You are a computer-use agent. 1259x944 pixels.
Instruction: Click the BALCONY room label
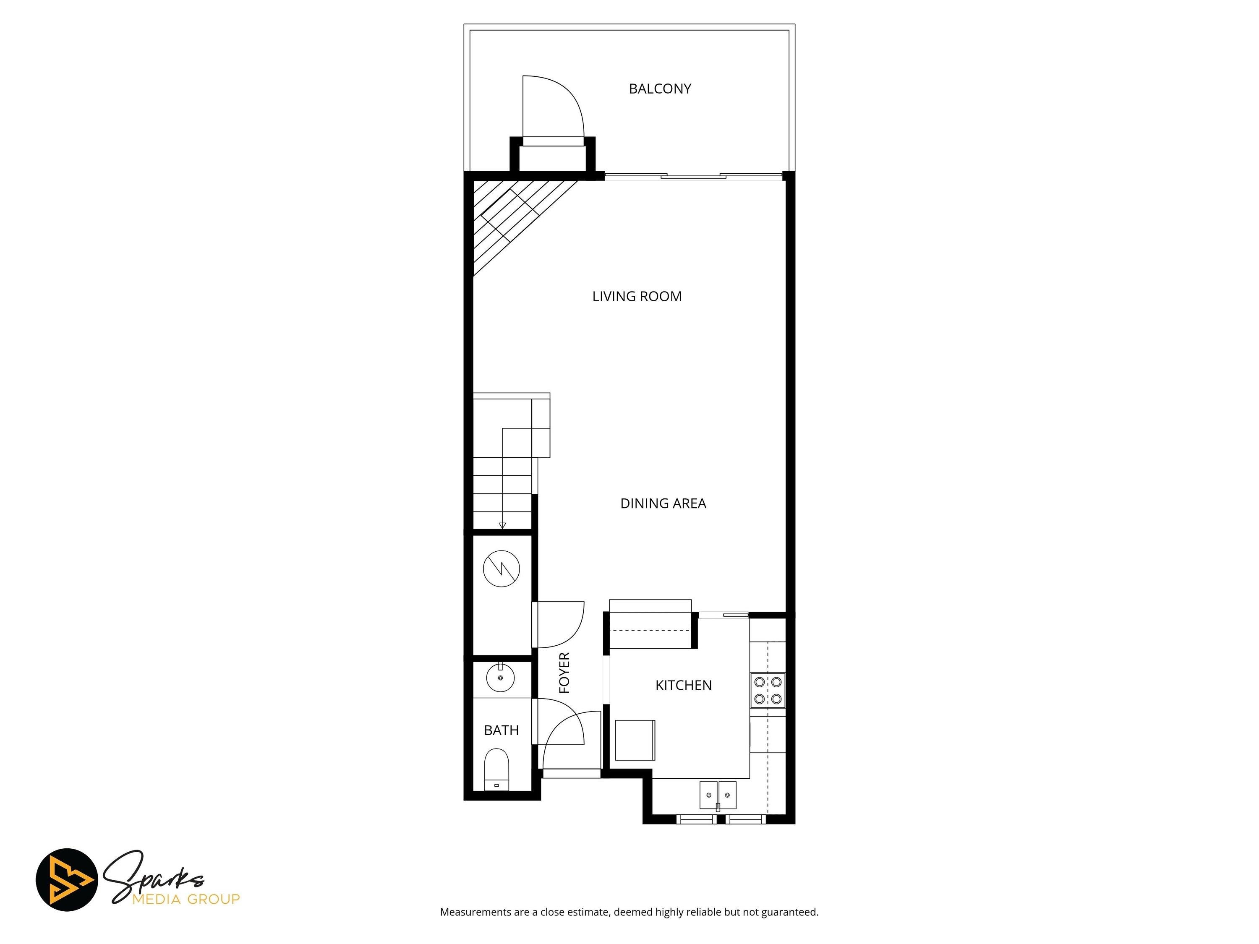660,89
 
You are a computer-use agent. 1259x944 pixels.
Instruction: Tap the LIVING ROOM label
637,297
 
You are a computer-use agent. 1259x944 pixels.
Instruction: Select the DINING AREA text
663,503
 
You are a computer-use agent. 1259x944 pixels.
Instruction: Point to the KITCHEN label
684,686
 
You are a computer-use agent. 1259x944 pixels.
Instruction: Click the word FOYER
564,673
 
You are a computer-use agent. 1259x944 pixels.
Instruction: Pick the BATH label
502,730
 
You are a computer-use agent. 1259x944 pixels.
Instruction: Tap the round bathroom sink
500,678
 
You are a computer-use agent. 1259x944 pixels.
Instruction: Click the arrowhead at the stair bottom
502,526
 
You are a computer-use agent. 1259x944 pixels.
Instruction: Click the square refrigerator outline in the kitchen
635,740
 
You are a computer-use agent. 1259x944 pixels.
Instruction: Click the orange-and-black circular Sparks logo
67,880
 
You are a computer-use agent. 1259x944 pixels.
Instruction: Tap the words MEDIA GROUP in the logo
185,900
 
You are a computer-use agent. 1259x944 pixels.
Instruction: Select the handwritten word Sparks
154,876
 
